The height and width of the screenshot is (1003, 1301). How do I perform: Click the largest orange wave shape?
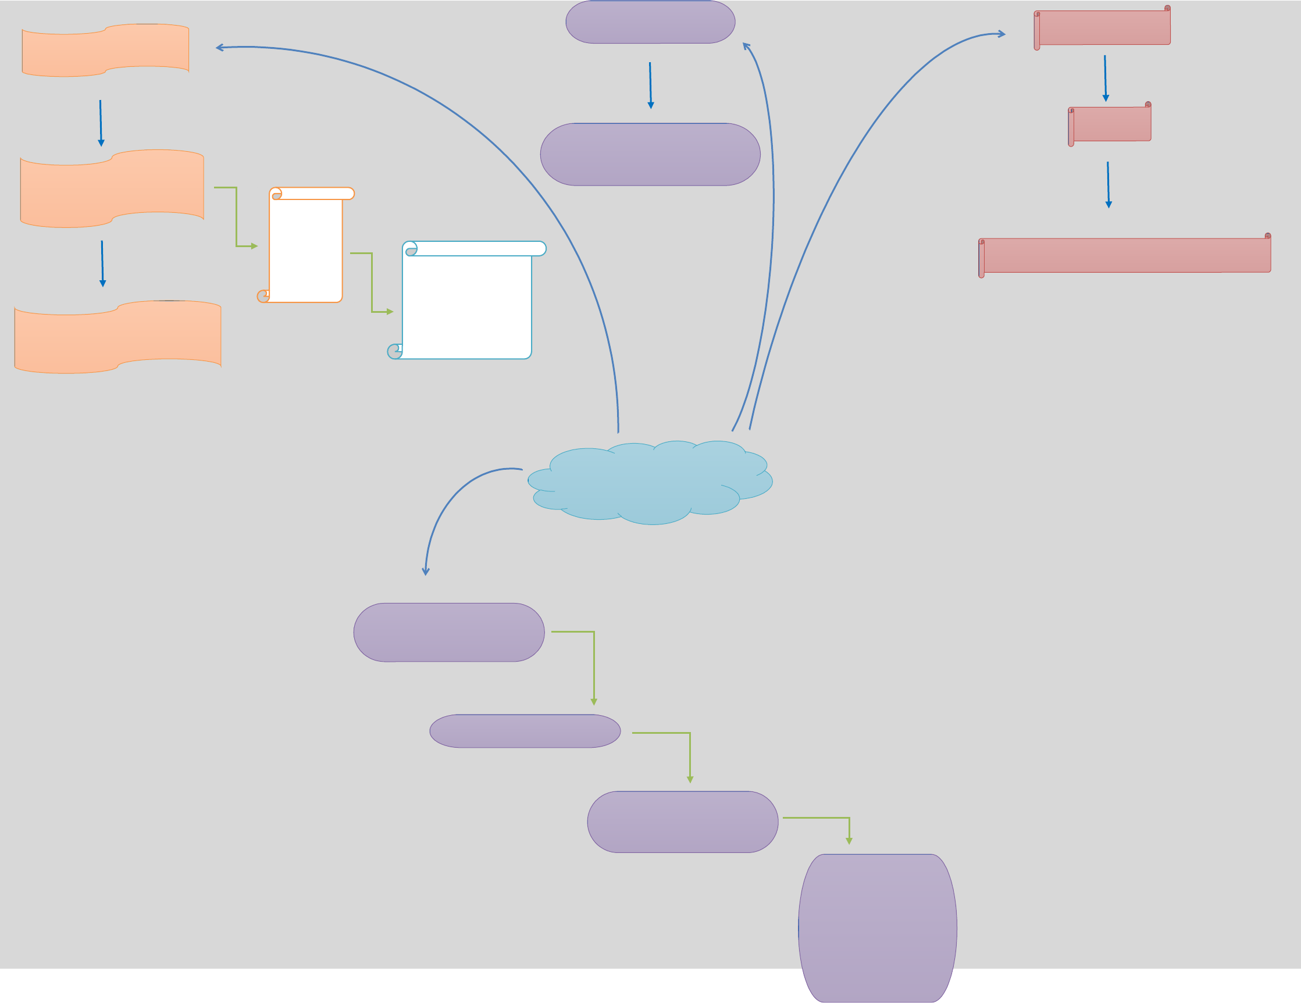pyautogui.click(x=118, y=337)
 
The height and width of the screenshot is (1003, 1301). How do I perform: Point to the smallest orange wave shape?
pyautogui.click(x=105, y=51)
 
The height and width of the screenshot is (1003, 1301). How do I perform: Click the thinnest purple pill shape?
pyautogui.click(x=525, y=731)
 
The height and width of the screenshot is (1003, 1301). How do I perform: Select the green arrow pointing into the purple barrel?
pyautogui.click(x=834, y=818)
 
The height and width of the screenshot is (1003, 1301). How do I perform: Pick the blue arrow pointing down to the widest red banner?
pyautogui.click(x=1108, y=185)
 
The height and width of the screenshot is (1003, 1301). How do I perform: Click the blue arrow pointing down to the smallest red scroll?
pyautogui.click(x=1105, y=78)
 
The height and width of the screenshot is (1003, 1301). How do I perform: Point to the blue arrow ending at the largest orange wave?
pyautogui.click(x=102, y=263)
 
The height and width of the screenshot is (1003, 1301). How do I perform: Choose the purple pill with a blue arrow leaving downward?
pyautogui.click(x=650, y=22)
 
